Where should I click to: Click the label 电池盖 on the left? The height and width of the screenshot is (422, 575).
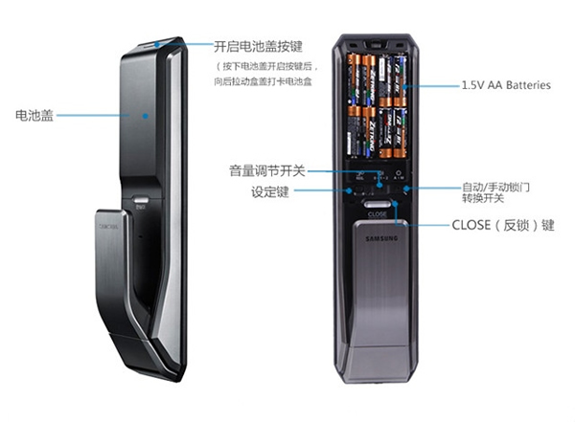click(x=35, y=115)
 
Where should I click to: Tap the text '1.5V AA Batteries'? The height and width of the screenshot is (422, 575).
click(x=506, y=85)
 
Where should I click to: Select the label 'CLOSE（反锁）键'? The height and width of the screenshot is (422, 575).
click(x=502, y=225)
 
